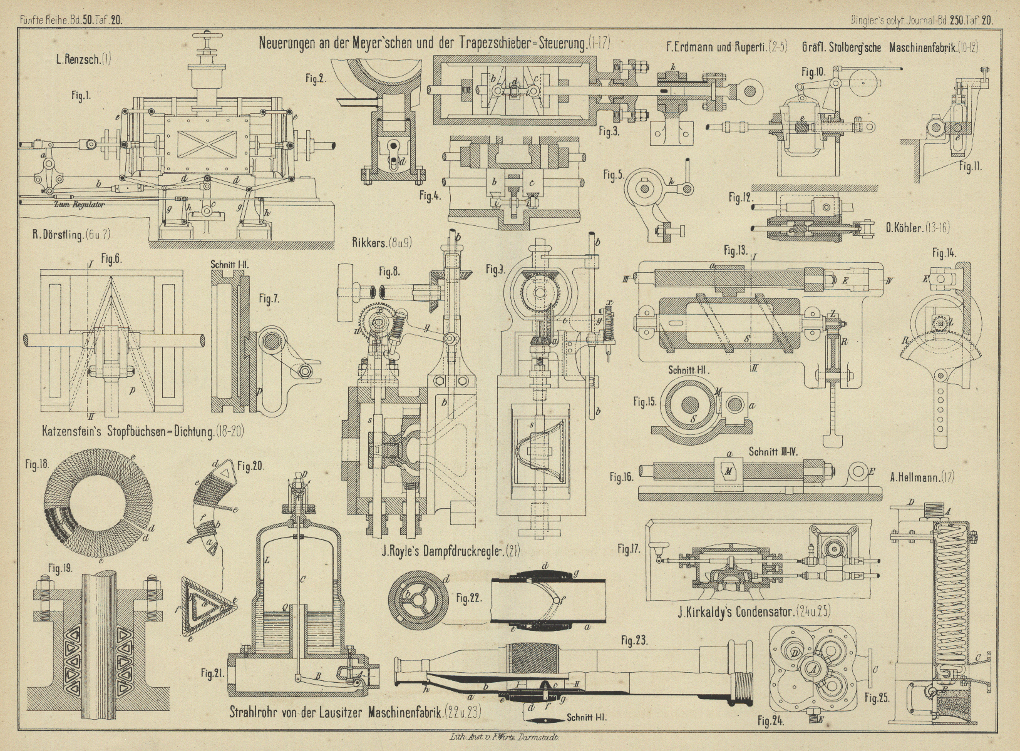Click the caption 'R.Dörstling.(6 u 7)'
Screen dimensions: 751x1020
click(x=71, y=235)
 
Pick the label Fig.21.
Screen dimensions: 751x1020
click(x=213, y=673)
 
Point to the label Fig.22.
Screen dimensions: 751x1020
click(x=468, y=597)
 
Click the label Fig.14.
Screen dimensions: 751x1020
click(x=944, y=253)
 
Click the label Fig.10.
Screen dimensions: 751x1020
click(x=812, y=71)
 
